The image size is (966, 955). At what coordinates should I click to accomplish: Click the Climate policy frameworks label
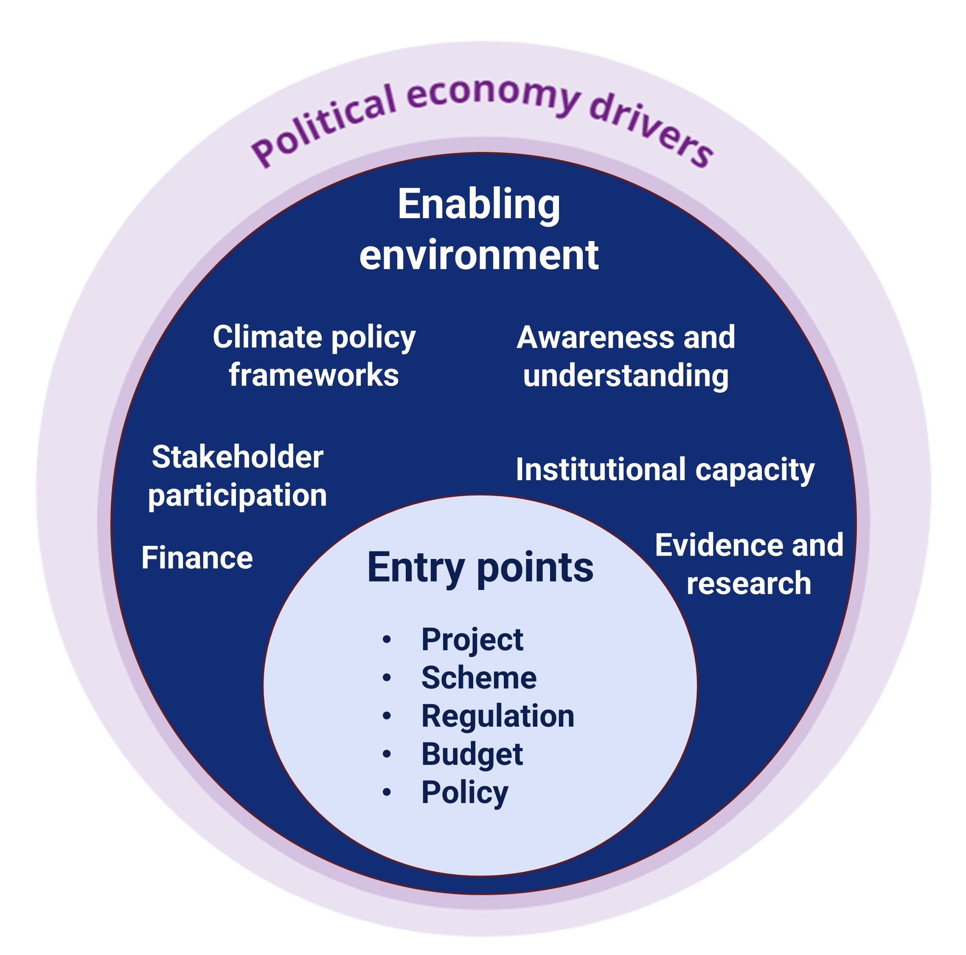314,356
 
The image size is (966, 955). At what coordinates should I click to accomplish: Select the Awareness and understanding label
626,356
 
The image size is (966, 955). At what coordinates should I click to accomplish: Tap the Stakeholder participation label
238,476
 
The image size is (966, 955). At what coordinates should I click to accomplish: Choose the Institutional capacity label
665,470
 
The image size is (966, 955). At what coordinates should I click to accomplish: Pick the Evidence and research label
749,564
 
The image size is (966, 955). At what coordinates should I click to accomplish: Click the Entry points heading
480,568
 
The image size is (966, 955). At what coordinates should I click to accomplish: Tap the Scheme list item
478,678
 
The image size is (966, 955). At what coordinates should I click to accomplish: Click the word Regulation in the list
497,716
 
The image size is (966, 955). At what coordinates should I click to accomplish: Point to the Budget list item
472,754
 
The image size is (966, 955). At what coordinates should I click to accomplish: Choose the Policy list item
464,792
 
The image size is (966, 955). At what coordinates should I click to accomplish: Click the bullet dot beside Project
387,640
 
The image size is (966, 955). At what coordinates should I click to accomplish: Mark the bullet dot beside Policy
387,792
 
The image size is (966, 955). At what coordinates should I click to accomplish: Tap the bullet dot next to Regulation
387,716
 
